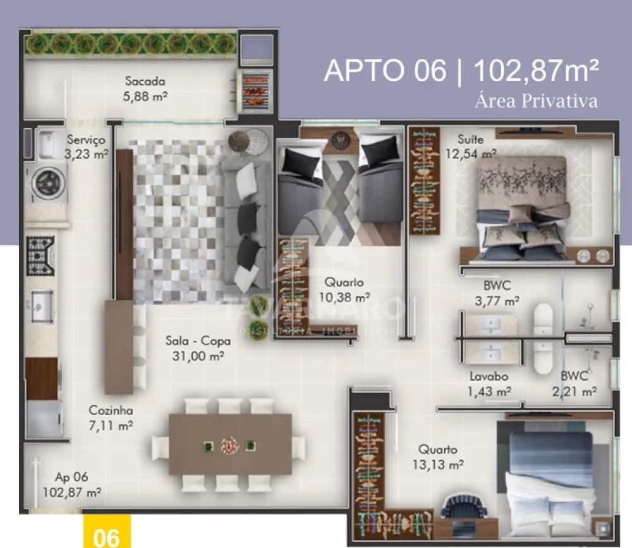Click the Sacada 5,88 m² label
click(x=145, y=88)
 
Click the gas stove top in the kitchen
click(x=40, y=255)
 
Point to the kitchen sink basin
click(x=42, y=306)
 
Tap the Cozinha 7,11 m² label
click(x=111, y=418)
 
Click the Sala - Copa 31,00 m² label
click(x=198, y=348)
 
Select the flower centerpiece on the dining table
click(x=230, y=446)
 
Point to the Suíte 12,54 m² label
click(x=471, y=147)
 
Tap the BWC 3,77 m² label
click(x=497, y=293)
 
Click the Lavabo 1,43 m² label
click(x=489, y=384)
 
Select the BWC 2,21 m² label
click(x=574, y=384)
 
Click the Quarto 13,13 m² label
click(x=438, y=457)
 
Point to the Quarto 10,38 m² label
click(x=344, y=290)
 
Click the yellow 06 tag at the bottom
click(x=107, y=532)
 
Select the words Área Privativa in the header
click(x=536, y=100)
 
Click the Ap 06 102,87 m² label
click(x=72, y=485)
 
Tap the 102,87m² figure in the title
click(x=536, y=70)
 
